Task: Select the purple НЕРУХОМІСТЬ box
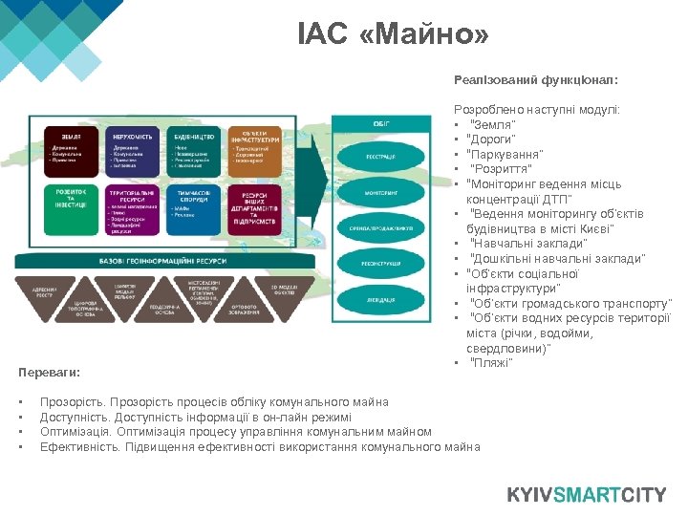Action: [132, 150]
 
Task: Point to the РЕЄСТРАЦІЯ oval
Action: [380, 157]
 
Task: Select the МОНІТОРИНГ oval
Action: [380, 192]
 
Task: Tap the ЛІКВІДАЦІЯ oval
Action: [380, 299]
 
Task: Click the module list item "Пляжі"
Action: [492, 362]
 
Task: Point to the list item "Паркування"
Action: [506, 154]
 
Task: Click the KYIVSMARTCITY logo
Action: [586, 495]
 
